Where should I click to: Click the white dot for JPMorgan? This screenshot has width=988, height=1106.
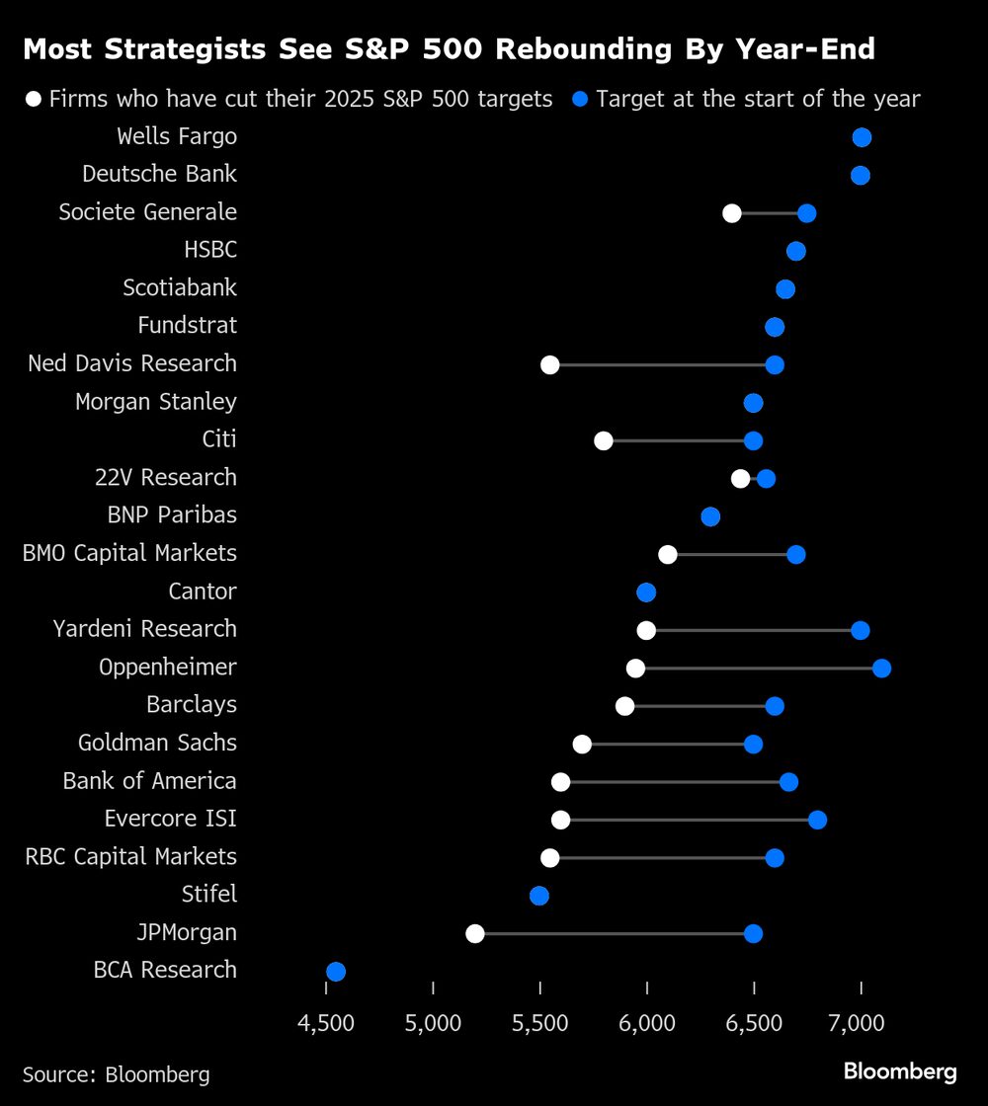point(475,933)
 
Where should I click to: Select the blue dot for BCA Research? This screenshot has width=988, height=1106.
point(336,972)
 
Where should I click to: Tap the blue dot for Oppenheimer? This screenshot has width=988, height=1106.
point(881,669)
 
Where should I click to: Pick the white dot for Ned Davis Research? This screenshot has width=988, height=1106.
point(550,365)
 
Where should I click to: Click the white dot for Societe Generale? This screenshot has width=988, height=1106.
point(732,213)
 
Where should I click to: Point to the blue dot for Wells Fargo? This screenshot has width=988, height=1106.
point(862,137)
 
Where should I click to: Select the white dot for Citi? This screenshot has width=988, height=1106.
point(604,440)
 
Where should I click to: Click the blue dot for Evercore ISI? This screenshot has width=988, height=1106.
point(817,820)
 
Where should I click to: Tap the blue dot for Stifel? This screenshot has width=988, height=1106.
point(539,896)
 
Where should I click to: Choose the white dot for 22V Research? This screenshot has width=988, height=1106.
point(740,479)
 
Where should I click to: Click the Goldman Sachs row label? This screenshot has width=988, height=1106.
point(157,743)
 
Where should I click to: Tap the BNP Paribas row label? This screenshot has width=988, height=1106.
point(172,515)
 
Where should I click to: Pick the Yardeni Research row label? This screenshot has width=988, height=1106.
point(145,629)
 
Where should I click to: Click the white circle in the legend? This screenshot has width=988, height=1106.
point(35,99)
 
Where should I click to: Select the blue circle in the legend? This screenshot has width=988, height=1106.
point(581,99)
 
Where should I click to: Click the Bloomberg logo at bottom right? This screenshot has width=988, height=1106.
point(900,1071)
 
